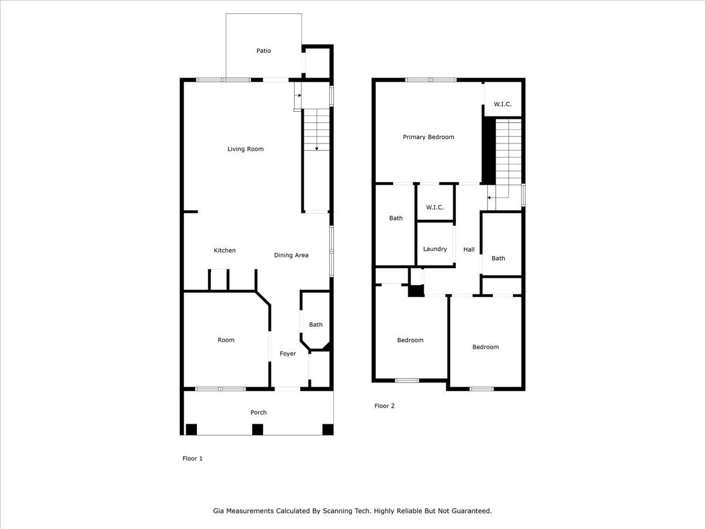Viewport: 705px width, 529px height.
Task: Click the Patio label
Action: pyautogui.click(x=264, y=51)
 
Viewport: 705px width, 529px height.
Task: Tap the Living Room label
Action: pyautogui.click(x=246, y=149)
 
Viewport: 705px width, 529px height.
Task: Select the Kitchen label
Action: pyautogui.click(x=224, y=250)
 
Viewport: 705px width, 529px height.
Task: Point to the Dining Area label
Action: pyautogui.click(x=291, y=255)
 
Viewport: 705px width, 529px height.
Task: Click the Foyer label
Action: pyautogui.click(x=288, y=354)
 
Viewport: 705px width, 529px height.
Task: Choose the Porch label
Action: pyautogui.click(x=258, y=413)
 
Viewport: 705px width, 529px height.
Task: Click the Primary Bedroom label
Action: pyautogui.click(x=428, y=137)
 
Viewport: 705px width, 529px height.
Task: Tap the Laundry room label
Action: pyautogui.click(x=435, y=249)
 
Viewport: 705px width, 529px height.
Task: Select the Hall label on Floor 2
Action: pyautogui.click(x=469, y=250)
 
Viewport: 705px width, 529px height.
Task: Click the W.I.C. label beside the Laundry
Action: pyautogui.click(x=435, y=207)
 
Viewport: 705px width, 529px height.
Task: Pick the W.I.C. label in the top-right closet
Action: pyautogui.click(x=502, y=104)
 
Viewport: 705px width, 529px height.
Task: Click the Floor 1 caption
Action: pyautogui.click(x=192, y=458)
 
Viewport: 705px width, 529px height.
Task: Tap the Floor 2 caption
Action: pyautogui.click(x=385, y=406)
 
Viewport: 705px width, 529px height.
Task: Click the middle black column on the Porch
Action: pyautogui.click(x=257, y=430)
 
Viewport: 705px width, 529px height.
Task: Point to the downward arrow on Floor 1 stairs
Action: pyautogui.click(x=316, y=148)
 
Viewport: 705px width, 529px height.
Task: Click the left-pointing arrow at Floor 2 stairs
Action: pyautogui.click(x=489, y=198)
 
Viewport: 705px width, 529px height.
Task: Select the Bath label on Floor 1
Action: pyautogui.click(x=316, y=324)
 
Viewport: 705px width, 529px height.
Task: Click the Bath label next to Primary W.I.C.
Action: pyautogui.click(x=396, y=218)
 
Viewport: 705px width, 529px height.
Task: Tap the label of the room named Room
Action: pyautogui.click(x=226, y=340)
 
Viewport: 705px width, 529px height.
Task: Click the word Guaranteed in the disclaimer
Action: pyautogui.click(x=470, y=511)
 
